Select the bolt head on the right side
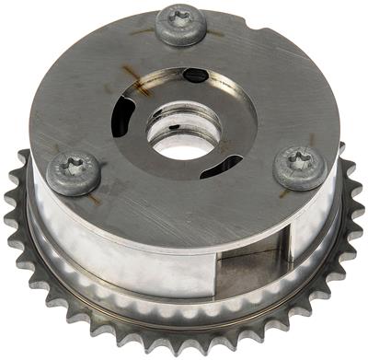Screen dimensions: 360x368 pos(301,165)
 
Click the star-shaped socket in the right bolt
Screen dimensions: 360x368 pos(301,162)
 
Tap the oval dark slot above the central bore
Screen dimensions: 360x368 pos(195,75)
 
